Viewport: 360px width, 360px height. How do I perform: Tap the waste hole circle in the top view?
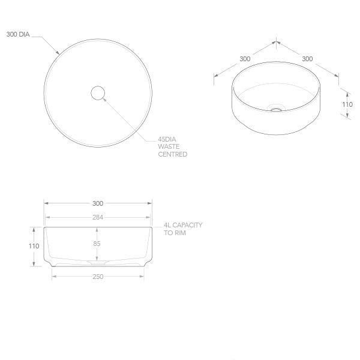(98, 93)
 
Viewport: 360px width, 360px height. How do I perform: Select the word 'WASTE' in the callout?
(168, 146)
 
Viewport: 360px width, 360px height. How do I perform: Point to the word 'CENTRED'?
(172, 154)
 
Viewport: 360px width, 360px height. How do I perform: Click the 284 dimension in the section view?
(98, 217)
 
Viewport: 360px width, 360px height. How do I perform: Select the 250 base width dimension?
(98, 277)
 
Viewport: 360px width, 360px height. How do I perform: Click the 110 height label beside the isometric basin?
(347, 104)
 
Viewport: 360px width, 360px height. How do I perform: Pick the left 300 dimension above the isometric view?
(245, 59)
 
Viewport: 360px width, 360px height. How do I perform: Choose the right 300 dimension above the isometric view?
(307, 59)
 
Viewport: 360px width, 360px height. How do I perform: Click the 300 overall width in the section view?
(98, 203)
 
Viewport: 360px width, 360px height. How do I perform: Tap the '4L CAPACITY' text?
(183, 225)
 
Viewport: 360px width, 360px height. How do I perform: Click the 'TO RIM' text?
(175, 233)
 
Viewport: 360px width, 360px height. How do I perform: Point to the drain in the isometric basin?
(276, 109)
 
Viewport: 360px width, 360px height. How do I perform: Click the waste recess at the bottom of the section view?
(98, 263)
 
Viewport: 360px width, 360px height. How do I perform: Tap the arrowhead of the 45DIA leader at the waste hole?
(104, 99)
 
